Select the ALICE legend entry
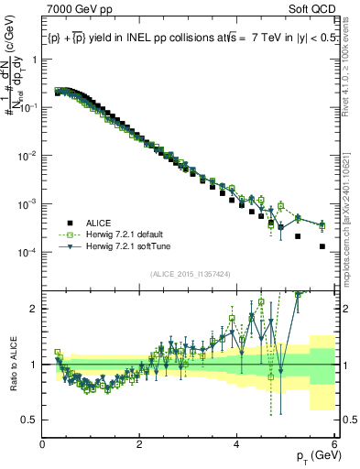pos(99,222)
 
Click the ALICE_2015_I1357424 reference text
pos(189,275)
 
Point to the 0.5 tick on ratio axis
pos(30,420)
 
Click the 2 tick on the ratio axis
pos(34,309)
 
